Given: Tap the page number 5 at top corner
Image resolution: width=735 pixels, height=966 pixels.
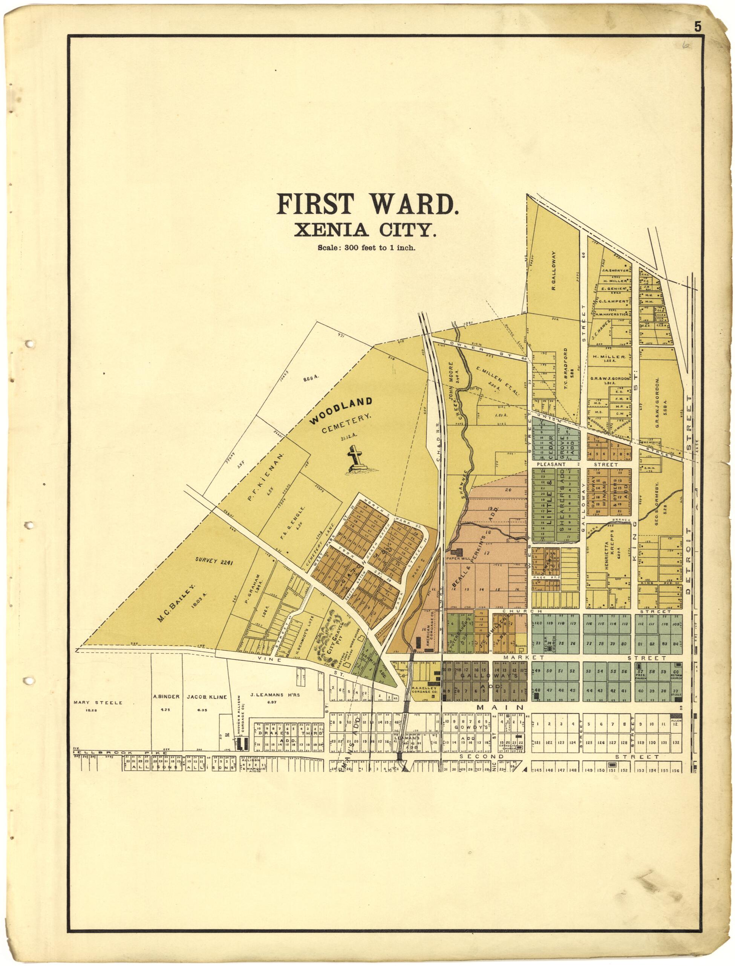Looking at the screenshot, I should click(x=697, y=27).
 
